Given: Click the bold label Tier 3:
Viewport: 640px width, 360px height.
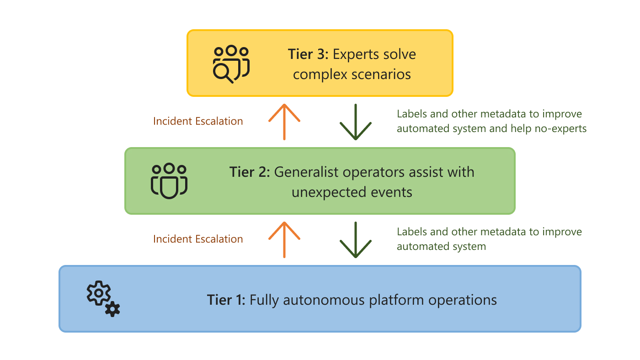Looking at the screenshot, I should [308, 54].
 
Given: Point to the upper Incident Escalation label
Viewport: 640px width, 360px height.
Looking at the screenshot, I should [198, 121].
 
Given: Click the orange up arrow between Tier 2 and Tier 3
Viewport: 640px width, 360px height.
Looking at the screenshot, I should [284, 122].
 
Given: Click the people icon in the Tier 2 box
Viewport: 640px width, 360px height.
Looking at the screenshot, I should [169, 181].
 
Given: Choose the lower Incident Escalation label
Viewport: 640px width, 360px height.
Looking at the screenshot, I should [198, 239].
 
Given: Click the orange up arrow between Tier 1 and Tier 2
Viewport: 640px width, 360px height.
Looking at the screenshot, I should [284, 239].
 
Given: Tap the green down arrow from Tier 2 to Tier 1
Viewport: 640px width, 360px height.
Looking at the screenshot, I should [355, 239].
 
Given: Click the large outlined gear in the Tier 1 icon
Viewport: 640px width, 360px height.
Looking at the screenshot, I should [98, 294].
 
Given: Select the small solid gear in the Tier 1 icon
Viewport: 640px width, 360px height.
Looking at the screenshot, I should [112, 309].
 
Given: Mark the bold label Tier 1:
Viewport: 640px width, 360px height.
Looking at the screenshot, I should [226, 300].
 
